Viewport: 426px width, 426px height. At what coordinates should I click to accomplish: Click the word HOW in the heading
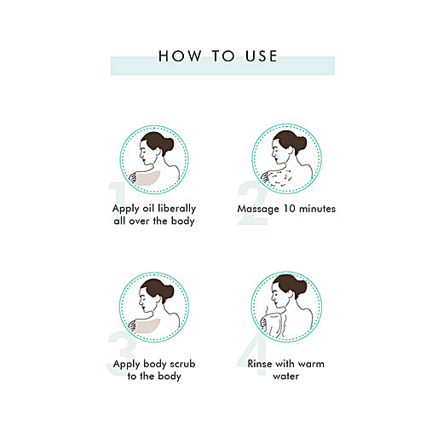180,56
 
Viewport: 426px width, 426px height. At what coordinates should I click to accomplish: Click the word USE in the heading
262,56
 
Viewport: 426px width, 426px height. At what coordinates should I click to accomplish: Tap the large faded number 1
118,194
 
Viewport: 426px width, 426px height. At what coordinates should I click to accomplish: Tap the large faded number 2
252,203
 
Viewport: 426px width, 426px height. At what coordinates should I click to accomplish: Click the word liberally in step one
176,208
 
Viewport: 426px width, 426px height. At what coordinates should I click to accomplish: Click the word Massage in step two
258,209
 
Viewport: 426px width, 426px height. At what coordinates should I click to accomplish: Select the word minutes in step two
318,209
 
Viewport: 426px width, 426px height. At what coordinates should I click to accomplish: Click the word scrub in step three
182,364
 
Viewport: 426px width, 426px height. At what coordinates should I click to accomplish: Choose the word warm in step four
311,364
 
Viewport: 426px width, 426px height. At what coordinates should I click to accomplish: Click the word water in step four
285,377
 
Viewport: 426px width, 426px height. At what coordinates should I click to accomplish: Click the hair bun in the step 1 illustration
167,144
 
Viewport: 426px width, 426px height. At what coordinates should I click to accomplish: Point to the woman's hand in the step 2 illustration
266,177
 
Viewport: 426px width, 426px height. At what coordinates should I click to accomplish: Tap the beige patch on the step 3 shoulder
147,325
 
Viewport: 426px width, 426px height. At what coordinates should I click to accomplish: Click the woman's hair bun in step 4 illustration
301,289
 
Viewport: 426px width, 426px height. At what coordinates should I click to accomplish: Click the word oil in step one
148,208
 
